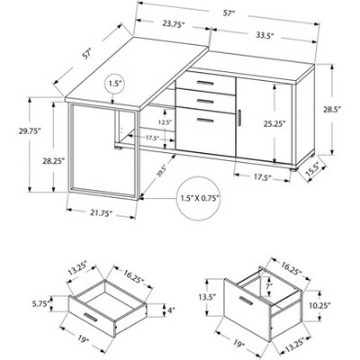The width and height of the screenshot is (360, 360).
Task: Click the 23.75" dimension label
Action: click(x=173, y=24)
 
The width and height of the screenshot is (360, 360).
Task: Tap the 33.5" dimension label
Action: click(x=265, y=35)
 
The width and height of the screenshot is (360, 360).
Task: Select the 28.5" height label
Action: click(x=332, y=110)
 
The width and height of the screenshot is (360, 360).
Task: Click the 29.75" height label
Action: click(x=30, y=131)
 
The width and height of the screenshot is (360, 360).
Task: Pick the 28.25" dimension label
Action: click(x=53, y=161)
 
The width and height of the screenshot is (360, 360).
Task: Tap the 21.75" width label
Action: click(x=101, y=213)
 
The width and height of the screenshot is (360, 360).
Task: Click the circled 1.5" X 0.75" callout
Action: click(x=199, y=199)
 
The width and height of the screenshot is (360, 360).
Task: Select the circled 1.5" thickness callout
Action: click(x=114, y=84)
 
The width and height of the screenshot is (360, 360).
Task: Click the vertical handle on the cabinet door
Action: click(x=239, y=118)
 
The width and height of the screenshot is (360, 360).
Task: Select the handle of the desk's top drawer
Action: click(x=205, y=83)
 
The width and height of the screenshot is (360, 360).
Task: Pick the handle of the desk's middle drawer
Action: click(x=205, y=101)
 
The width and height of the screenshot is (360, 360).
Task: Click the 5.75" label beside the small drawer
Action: click(x=41, y=304)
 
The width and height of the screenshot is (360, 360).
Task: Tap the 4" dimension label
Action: click(x=171, y=310)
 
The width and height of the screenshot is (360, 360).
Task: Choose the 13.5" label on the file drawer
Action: click(x=207, y=298)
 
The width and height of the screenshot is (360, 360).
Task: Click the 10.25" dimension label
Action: click(x=319, y=306)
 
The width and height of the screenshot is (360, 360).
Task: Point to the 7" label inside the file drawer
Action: click(x=269, y=286)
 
